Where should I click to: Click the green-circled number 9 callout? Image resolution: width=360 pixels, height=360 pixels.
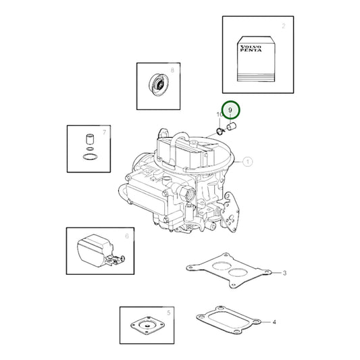[230, 110]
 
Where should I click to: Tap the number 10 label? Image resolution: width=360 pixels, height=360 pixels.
[219, 114]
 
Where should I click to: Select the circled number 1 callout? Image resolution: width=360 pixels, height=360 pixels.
[247, 161]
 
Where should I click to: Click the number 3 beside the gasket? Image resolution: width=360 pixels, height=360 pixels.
[284, 273]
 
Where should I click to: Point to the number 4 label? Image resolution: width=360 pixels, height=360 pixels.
[274, 322]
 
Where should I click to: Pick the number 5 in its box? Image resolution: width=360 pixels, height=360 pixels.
[169, 313]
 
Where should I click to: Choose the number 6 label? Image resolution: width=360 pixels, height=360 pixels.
[127, 236]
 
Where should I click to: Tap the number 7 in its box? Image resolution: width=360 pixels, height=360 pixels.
[105, 132]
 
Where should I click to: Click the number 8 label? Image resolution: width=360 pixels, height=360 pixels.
[172, 70]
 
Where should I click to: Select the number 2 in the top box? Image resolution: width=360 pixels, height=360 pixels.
[284, 26]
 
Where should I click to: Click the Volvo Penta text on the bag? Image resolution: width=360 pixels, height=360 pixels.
[251, 49]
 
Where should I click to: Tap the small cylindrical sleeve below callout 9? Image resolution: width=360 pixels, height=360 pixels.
[232, 126]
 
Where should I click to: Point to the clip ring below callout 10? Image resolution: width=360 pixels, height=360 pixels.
[220, 132]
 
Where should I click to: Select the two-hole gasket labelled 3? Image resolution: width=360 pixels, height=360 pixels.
[229, 270]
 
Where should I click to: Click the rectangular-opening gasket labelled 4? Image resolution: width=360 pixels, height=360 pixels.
[229, 319]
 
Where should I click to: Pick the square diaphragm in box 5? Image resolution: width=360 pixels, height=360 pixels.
[148, 325]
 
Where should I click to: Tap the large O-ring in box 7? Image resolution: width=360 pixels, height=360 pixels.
[90, 157]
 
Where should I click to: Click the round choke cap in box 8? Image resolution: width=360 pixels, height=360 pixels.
[159, 84]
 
